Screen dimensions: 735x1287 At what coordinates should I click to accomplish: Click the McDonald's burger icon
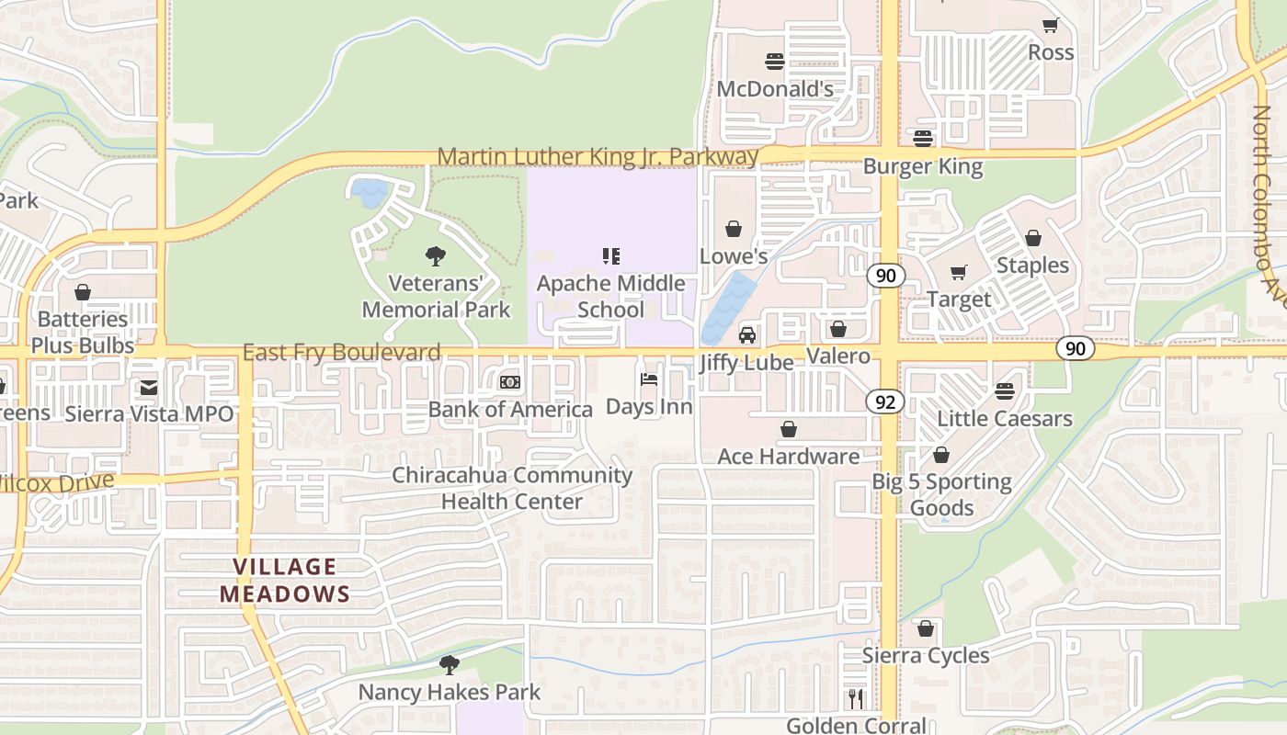point(775,62)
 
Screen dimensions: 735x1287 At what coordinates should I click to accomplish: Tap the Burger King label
point(922,167)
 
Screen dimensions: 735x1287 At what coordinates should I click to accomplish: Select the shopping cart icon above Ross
point(1050,26)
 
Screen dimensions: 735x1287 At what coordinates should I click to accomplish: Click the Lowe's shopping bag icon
point(734,229)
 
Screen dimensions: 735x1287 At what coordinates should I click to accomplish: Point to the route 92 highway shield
point(884,401)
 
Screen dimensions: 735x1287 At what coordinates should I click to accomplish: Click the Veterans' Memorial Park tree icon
point(436,256)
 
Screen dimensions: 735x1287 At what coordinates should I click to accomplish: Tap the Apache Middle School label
point(610,296)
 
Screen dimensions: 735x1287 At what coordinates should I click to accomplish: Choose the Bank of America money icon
point(510,382)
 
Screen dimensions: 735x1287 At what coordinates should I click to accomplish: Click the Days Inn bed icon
point(649,379)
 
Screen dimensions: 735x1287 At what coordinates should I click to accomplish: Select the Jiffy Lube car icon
point(747,335)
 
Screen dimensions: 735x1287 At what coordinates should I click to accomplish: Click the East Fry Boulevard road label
point(341,353)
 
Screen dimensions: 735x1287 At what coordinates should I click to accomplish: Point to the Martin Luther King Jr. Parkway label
point(598,156)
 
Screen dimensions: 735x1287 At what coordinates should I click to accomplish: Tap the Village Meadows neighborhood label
point(285,581)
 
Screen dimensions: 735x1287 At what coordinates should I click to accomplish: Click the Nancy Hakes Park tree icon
point(449,664)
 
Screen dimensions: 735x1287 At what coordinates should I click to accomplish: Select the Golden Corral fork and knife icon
point(857,699)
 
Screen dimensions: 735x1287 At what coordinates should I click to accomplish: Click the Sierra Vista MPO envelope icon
point(149,388)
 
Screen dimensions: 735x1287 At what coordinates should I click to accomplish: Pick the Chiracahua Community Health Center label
point(512,488)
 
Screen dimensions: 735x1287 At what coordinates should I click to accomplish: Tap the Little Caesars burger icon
point(1005,391)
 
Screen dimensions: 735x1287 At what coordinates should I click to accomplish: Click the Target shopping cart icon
point(959,272)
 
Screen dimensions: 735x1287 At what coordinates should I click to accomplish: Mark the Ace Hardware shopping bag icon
point(789,429)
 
